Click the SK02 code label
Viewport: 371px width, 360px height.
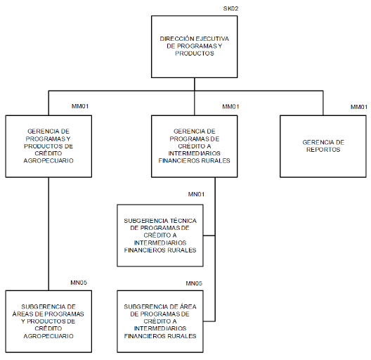(x=230, y=8)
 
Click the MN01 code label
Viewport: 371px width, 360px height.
(x=196, y=194)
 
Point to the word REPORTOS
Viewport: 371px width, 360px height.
(x=323, y=150)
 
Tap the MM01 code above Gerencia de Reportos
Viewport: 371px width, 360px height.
(x=359, y=107)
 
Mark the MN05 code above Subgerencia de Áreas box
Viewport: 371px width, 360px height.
(x=79, y=283)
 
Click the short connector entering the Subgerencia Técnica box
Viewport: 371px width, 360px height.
(x=209, y=236)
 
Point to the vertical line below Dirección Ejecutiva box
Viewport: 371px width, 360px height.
(x=195, y=84)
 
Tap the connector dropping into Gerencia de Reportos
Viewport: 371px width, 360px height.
(x=323, y=103)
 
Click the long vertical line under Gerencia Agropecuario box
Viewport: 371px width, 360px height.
(x=48, y=234)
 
